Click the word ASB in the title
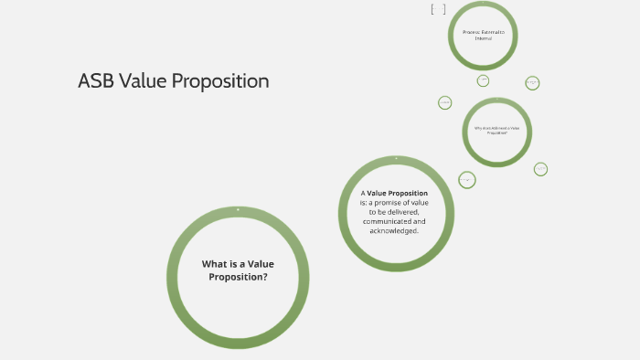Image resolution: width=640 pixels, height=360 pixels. [96, 80]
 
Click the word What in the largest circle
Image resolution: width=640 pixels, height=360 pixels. [213, 264]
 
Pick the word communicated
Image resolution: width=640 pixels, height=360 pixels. [386, 221]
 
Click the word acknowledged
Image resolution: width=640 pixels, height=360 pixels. [394, 230]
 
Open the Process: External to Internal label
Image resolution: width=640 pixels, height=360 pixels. [483, 35]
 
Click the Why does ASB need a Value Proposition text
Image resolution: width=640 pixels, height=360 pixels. [497, 131]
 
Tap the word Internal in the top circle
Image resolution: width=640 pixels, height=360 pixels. [483, 38]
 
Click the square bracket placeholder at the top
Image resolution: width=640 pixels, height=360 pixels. [438, 10]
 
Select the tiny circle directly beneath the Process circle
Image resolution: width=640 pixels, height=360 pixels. [483, 80]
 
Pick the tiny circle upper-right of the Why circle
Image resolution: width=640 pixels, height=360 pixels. [532, 83]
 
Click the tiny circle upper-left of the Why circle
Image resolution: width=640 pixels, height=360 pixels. [445, 102]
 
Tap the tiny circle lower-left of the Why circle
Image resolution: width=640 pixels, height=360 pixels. [467, 180]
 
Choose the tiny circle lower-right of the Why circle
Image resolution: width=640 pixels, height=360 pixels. [540, 169]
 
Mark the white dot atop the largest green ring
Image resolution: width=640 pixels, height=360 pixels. [238, 210]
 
